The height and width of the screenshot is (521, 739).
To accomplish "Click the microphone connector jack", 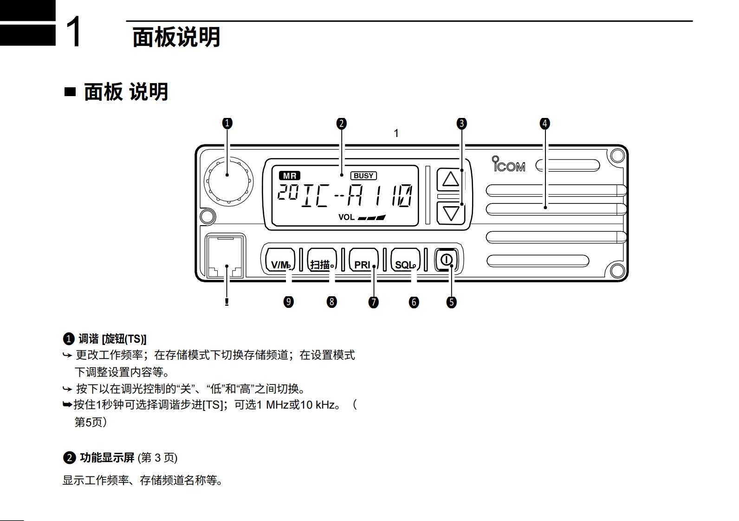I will tap(226, 257).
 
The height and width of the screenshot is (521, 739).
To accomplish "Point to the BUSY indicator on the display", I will tap(363, 176).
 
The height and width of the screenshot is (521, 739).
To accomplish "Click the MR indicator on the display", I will tap(290, 176).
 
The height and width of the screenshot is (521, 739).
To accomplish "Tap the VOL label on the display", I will tap(346, 217).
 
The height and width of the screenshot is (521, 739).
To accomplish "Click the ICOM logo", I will tap(509, 164).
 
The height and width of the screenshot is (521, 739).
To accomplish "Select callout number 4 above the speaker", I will tap(545, 124).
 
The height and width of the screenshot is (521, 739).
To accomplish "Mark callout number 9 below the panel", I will tap(289, 302).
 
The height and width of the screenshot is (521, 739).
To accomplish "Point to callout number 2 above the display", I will tap(342, 124).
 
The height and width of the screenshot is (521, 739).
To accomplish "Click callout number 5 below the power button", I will tap(451, 302).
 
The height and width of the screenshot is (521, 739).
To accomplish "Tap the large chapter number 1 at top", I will tap(74, 32).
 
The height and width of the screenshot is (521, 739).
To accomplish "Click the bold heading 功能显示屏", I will tap(107, 458).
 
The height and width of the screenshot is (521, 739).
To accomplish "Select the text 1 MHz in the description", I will tap(273, 405).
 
